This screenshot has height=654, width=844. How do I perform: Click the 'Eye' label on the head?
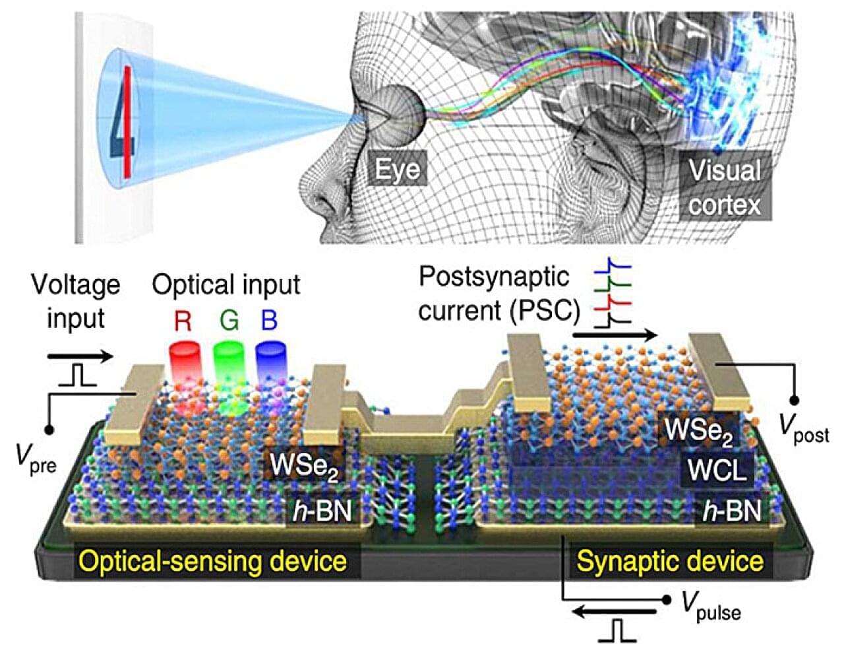[x=398, y=169]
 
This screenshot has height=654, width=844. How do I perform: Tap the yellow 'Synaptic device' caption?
[x=671, y=562]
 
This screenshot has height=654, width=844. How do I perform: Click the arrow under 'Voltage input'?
[x=80, y=356]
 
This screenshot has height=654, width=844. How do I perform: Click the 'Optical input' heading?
[x=226, y=284]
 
